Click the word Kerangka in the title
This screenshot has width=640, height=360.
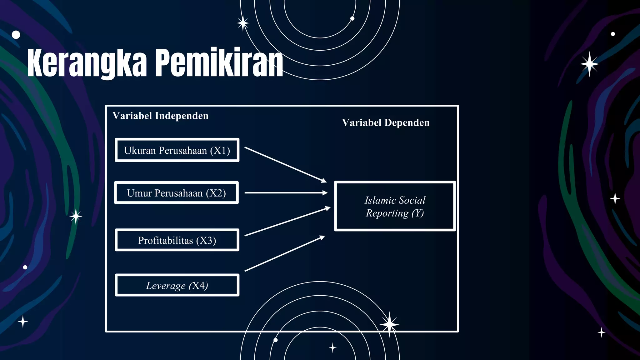(87, 63)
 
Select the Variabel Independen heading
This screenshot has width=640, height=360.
(160, 116)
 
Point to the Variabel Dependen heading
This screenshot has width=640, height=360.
(386, 123)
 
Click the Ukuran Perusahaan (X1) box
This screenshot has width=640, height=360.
(177, 150)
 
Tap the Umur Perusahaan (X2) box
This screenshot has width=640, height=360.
(176, 193)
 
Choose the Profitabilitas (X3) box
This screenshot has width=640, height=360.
(177, 240)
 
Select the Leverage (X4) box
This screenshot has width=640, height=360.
(177, 285)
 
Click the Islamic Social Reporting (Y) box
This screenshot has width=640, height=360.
(395, 206)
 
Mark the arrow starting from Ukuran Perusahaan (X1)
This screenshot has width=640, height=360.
(285, 164)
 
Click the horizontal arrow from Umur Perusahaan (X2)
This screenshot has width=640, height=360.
(286, 193)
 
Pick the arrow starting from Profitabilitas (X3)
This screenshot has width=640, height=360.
(287, 221)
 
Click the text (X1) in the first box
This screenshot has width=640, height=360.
(220, 151)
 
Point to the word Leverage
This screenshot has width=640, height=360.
(166, 286)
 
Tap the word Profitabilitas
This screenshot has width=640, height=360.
(166, 241)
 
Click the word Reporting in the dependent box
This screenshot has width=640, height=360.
(387, 213)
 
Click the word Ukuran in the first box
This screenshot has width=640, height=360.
(140, 151)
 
